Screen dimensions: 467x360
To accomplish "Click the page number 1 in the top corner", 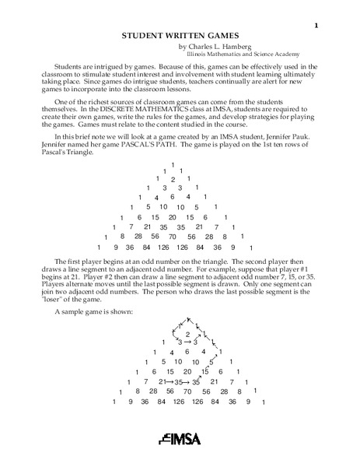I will point(316,26).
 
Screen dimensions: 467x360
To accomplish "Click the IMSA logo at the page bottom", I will point(180,437).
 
